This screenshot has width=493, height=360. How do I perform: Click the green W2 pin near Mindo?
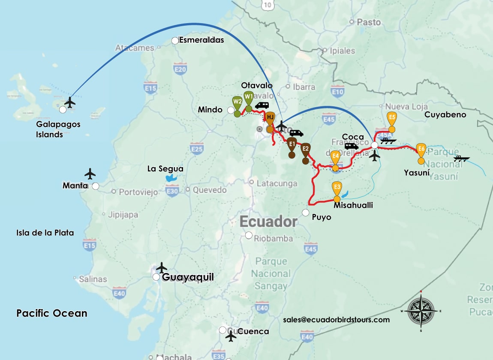[x=237, y=102]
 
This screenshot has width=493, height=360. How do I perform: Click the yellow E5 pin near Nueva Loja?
[x=391, y=118]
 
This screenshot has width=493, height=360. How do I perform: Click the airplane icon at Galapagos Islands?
[x=69, y=102]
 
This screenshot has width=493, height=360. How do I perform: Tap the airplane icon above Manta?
[x=90, y=174]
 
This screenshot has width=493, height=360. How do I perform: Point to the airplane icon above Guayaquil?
[x=162, y=267]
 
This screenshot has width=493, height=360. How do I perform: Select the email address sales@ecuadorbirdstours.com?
[x=336, y=320]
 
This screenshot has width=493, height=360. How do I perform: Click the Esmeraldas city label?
[x=201, y=40]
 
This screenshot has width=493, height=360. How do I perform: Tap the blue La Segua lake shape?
[x=171, y=178]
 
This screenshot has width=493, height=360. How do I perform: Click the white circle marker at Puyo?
[x=306, y=213]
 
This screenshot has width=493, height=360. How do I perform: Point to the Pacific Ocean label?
[x=52, y=313]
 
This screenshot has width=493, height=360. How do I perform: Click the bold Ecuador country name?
[x=268, y=222]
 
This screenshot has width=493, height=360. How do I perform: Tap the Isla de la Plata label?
[x=45, y=233]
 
